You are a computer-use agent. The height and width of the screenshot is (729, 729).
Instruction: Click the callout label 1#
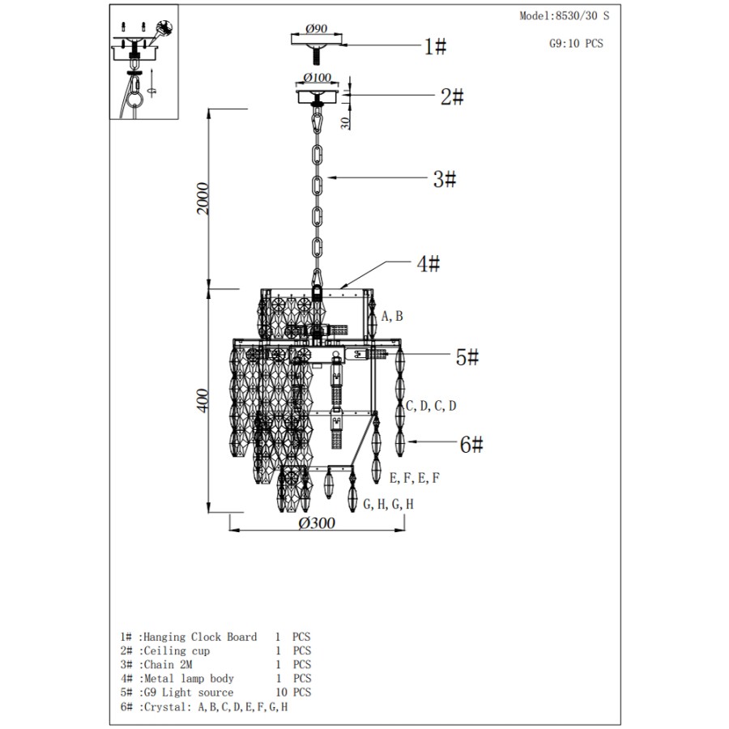pos(435,46)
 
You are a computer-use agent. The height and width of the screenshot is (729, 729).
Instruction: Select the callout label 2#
pos(452,96)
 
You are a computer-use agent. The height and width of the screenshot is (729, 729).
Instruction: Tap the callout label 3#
pos(445,179)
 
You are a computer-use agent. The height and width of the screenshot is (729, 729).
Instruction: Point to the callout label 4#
pos(428,263)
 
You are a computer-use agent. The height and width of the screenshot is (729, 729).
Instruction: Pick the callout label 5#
pos(467,357)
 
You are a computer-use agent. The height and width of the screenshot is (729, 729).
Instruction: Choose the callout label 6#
pos(471,444)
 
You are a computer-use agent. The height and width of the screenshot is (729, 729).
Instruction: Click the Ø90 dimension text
pos(317,28)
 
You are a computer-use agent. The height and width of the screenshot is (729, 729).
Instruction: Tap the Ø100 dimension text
pos(317,77)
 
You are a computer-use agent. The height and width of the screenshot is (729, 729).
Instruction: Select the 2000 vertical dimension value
pos(203,198)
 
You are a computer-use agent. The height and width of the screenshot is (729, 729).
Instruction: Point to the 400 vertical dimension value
pos(203,400)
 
